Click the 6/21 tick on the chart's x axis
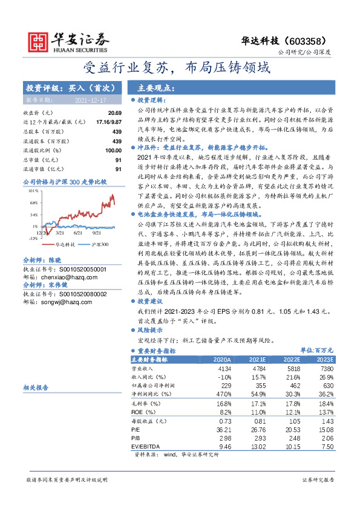[x=77, y=232]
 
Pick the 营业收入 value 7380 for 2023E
[x=326, y=368]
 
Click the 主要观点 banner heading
[x=156, y=87]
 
